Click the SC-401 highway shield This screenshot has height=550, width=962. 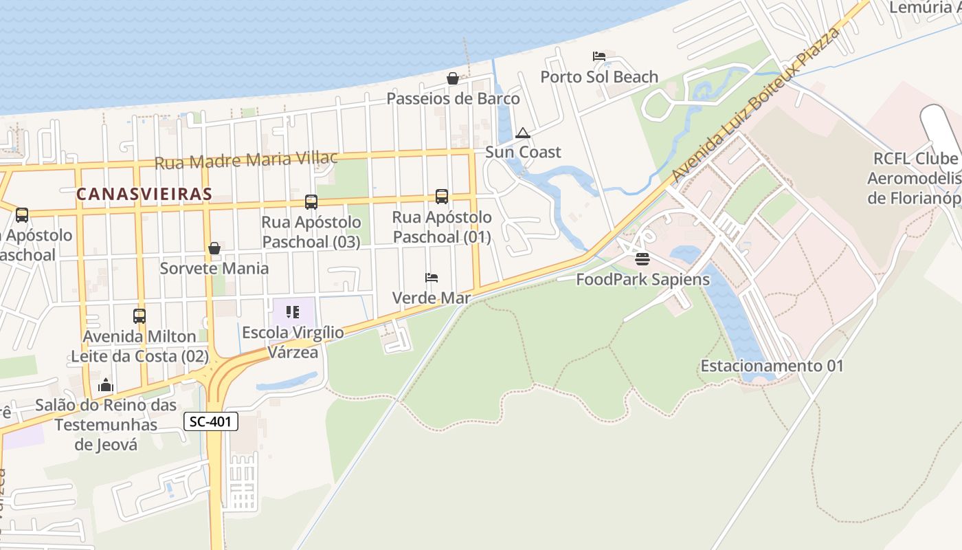[x=211, y=421]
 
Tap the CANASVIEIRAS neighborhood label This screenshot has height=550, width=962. [x=144, y=194]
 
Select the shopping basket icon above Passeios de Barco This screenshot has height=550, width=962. [x=453, y=78]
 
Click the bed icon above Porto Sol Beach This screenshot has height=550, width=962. [x=599, y=56]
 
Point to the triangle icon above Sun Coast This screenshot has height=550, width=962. [x=523, y=133]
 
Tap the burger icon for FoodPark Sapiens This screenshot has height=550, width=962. [x=642, y=259]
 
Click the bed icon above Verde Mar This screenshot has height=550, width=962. [x=432, y=278]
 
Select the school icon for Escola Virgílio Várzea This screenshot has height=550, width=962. [x=293, y=312]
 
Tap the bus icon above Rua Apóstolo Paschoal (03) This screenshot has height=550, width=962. [x=311, y=202]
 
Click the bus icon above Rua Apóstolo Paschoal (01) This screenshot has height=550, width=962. [x=442, y=197]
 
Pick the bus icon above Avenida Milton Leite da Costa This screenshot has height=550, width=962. [x=139, y=316]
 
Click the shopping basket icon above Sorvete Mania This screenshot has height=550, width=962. [x=214, y=248]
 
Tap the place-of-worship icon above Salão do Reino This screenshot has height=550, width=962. [x=106, y=385]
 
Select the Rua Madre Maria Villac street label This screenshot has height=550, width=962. [x=246, y=160]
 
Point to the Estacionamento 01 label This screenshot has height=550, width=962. [x=772, y=366]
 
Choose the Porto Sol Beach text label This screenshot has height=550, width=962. [x=599, y=77]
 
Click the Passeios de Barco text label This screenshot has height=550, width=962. [x=453, y=99]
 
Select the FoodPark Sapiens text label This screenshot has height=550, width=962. [x=642, y=279]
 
